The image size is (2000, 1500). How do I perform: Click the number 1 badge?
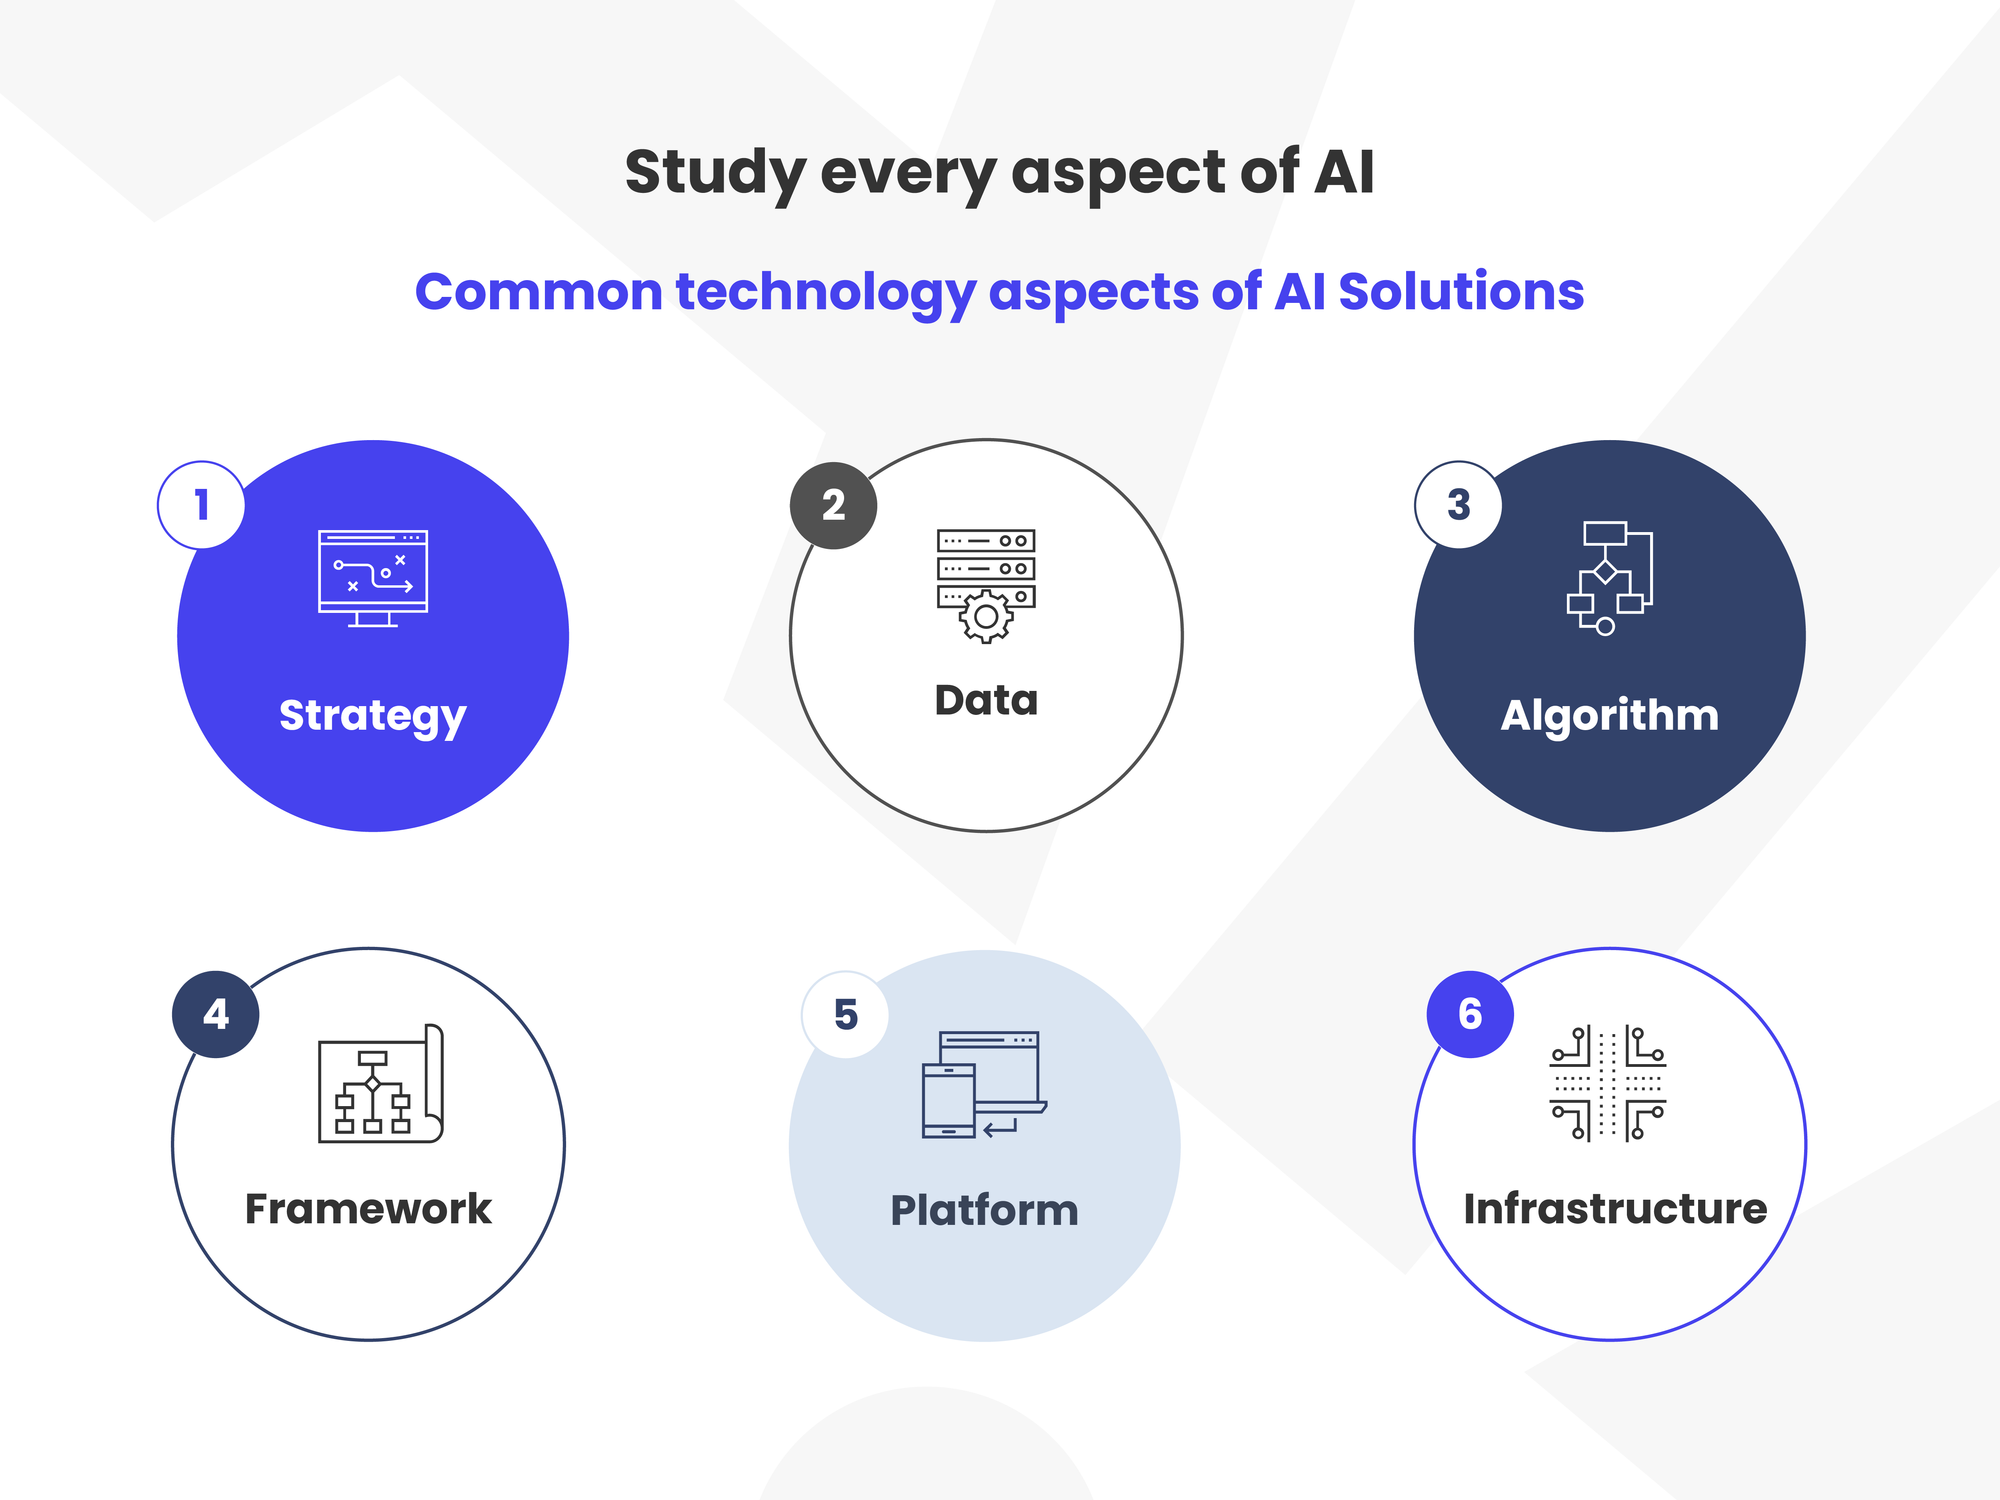(201, 505)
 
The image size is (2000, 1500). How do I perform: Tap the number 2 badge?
(834, 505)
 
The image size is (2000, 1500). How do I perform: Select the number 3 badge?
(1459, 504)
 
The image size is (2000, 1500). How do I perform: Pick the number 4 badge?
(216, 1014)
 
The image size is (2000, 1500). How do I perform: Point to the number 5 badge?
(846, 1014)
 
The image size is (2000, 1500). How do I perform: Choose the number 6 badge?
(1470, 1014)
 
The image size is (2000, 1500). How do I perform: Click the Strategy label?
(373, 716)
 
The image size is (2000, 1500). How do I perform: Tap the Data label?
(986, 700)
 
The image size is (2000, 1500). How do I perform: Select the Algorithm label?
(1610, 716)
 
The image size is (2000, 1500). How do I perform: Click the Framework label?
(368, 1208)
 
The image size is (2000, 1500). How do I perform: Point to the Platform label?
(985, 1210)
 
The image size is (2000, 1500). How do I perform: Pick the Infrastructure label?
(1615, 1208)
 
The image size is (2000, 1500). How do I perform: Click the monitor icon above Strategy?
(373, 579)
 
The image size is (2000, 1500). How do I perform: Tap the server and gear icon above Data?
(986, 586)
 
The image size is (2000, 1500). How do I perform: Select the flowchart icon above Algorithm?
(1610, 578)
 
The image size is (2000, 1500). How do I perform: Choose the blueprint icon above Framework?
(381, 1083)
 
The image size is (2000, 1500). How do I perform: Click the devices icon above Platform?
(984, 1085)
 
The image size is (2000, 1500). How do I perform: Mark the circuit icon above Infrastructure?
(1608, 1083)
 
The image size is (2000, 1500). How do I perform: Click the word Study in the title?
(715, 173)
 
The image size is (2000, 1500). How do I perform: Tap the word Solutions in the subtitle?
(1461, 291)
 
